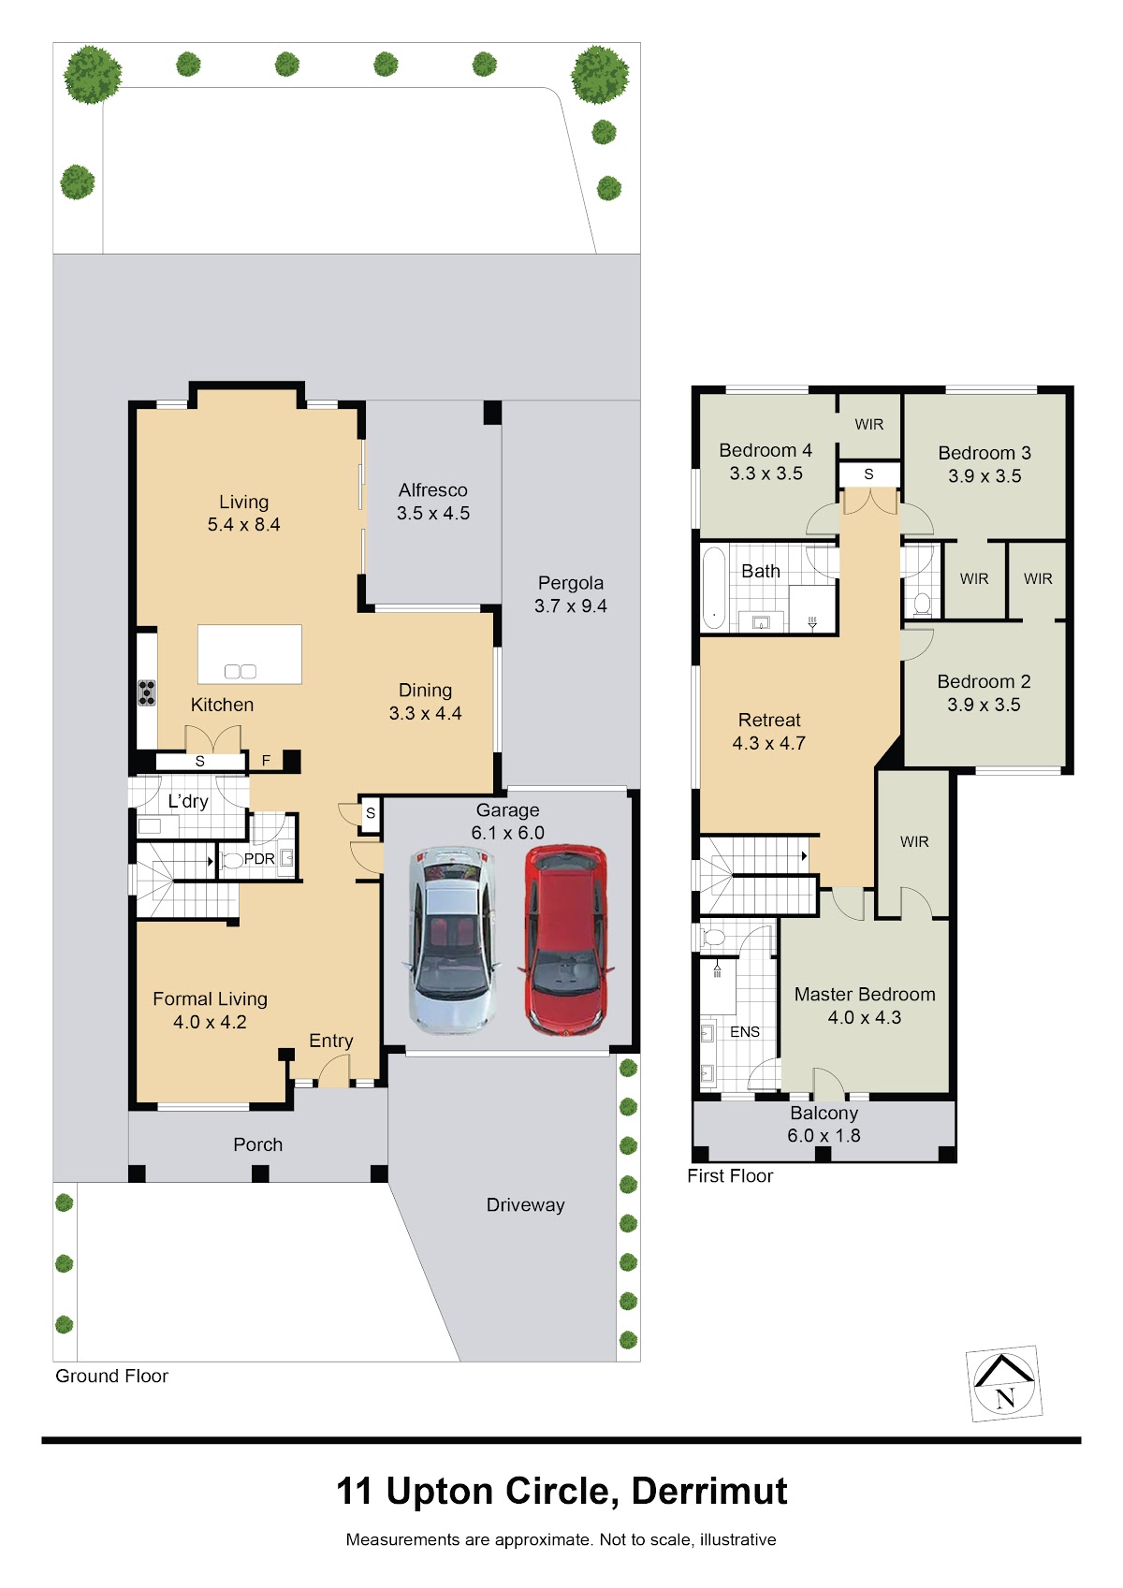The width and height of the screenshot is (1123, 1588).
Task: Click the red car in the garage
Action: coord(565,940)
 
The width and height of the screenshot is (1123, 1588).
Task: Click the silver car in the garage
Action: coord(451,940)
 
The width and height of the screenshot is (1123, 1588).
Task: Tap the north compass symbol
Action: coord(1004,1383)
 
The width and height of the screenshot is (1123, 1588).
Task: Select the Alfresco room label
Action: coord(432,490)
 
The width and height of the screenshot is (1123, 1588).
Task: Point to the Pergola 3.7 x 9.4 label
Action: coord(571,594)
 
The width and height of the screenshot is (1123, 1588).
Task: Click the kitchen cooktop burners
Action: coord(147,692)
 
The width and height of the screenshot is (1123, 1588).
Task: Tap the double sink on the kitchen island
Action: coord(241,671)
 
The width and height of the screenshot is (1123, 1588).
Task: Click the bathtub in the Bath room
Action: coord(714,588)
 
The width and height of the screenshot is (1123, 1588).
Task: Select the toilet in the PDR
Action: coord(231,861)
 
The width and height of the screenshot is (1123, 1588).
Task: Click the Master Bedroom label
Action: coord(864,995)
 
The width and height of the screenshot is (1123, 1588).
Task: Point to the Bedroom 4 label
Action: coord(766,450)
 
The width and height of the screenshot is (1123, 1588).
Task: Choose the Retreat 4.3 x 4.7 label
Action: coord(769,732)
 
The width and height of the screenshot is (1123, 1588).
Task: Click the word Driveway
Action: coord(525,1205)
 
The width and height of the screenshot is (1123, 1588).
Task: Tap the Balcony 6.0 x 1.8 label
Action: coord(824,1125)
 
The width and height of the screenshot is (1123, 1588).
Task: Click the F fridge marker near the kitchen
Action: coord(266,761)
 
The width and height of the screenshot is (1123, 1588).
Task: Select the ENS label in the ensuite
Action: coord(744,1032)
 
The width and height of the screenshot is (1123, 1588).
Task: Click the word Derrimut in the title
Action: coord(709,1492)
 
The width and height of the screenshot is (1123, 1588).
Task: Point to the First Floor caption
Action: coord(730,1176)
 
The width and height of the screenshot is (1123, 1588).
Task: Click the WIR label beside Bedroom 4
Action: coord(869,425)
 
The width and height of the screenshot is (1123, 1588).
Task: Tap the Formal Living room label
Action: coord(210,998)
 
